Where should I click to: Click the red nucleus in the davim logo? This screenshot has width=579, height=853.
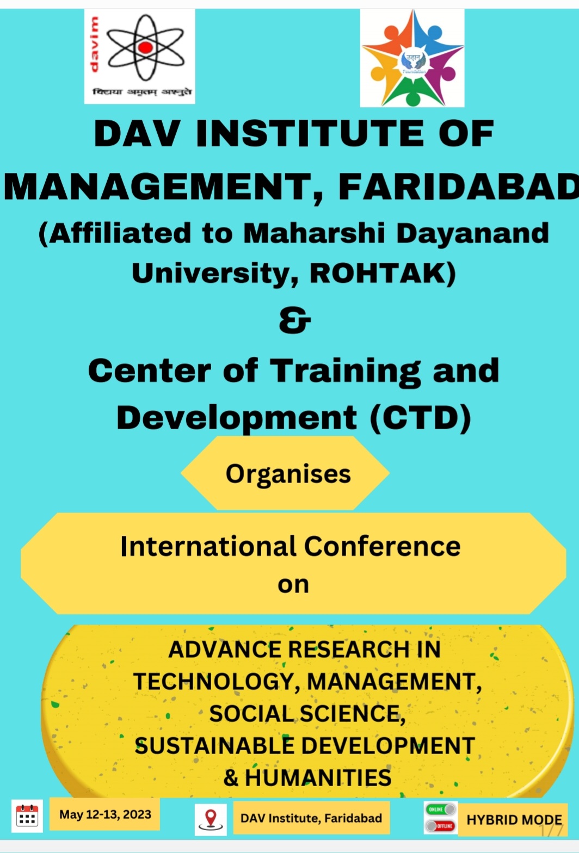pyautogui.click(x=145, y=47)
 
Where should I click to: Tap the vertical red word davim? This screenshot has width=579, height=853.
pyautogui.click(x=94, y=45)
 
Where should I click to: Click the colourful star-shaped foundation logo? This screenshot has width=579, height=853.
pyautogui.click(x=412, y=58)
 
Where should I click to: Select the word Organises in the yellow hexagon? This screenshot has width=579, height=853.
pyautogui.click(x=288, y=475)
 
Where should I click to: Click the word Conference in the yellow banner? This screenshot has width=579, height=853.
pyautogui.click(x=382, y=547)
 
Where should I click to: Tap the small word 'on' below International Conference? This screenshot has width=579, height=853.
pyautogui.click(x=293, y=585)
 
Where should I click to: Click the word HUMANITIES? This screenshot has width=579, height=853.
pyautogui.click(x=318, y=777)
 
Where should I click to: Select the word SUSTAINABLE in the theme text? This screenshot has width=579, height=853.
pyautogui.click(x=214, y=746)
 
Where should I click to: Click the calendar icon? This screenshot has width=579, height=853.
pyautogui.click(x=27, y=816)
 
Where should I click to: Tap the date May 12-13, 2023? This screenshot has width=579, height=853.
pyautogui.click(x=105, y=814)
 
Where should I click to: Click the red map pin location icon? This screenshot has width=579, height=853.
pyautogui.click(x=211, y=819)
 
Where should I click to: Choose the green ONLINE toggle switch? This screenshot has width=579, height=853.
pyautogui.click(x=441, y=809)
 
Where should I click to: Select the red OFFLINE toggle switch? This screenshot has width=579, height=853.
pyautogui.click(x=441, y=826)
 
